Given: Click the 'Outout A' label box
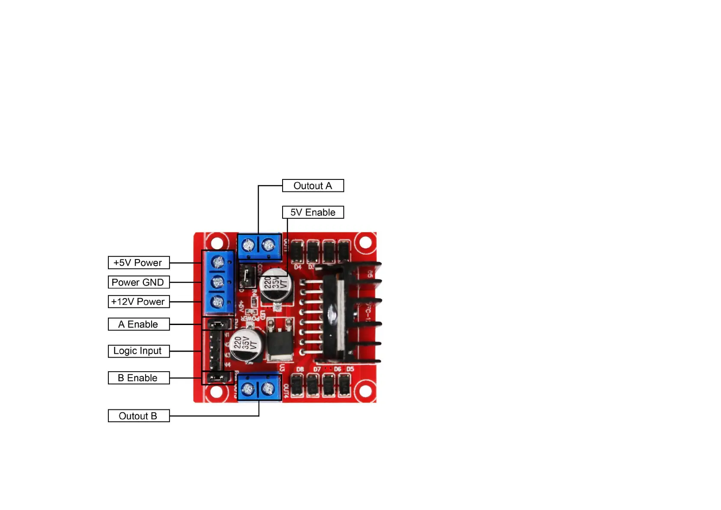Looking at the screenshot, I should [313, 186].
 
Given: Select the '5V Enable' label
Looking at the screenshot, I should [313, 212].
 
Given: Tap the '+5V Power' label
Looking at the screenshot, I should [138, 262].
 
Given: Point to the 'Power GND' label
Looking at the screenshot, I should [138, 282].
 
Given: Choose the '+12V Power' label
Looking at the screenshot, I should [138, 302].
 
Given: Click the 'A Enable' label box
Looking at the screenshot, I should [138, 324].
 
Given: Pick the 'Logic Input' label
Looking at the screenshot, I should [138, 351].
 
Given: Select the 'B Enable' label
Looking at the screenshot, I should [138, 378].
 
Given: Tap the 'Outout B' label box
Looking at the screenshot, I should [138, 416].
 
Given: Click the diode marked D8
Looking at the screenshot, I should [297, 385].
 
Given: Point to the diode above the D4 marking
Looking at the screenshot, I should [297, 251].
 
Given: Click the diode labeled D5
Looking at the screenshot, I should [344, 385].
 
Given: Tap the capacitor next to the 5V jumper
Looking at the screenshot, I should [276, 284].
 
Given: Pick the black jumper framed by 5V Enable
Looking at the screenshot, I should [247, 276].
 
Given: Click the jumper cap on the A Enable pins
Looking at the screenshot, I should [217, 325].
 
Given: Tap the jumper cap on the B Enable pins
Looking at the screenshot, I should [217, 378].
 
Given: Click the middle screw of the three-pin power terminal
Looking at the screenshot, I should [218, 282].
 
